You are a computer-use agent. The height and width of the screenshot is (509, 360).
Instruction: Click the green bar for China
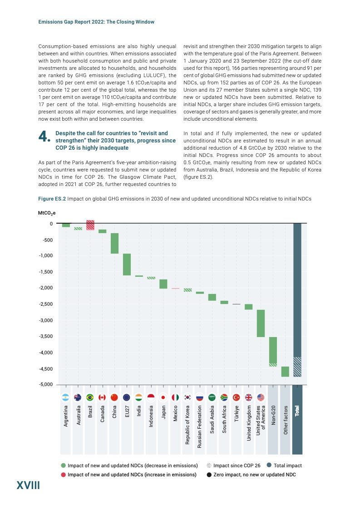click(x=114, y=243)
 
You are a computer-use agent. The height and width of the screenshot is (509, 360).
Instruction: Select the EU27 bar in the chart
click(x=127, y=264)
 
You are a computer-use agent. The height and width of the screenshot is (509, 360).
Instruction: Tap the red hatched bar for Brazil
click(x=90, y=225)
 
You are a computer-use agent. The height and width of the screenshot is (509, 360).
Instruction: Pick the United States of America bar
click(x=261, y=323)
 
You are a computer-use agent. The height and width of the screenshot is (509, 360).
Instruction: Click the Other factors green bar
click(x=285, y=372)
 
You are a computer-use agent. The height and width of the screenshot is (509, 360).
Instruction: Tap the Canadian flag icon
click(x=102, y=397)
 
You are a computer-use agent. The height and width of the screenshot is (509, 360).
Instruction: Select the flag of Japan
click(x=163, y=397)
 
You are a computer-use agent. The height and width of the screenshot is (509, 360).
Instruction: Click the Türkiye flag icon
click(x=236, y=397)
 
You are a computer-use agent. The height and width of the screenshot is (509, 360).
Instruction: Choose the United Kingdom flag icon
click(x=248, y=397)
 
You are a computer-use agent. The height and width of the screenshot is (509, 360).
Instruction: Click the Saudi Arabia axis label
click(x=212, y=423)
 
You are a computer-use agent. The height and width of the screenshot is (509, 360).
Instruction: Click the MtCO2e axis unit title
click(x=47, y=212)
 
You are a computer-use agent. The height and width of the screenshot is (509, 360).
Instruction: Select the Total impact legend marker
click(x=269, y=465)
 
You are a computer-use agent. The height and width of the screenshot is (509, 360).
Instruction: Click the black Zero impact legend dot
click(x=209, y=475)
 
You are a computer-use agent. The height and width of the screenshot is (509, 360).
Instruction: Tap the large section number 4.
click(x=44, y=137)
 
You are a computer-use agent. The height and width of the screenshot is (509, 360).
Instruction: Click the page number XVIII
click(x=28, y=486)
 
